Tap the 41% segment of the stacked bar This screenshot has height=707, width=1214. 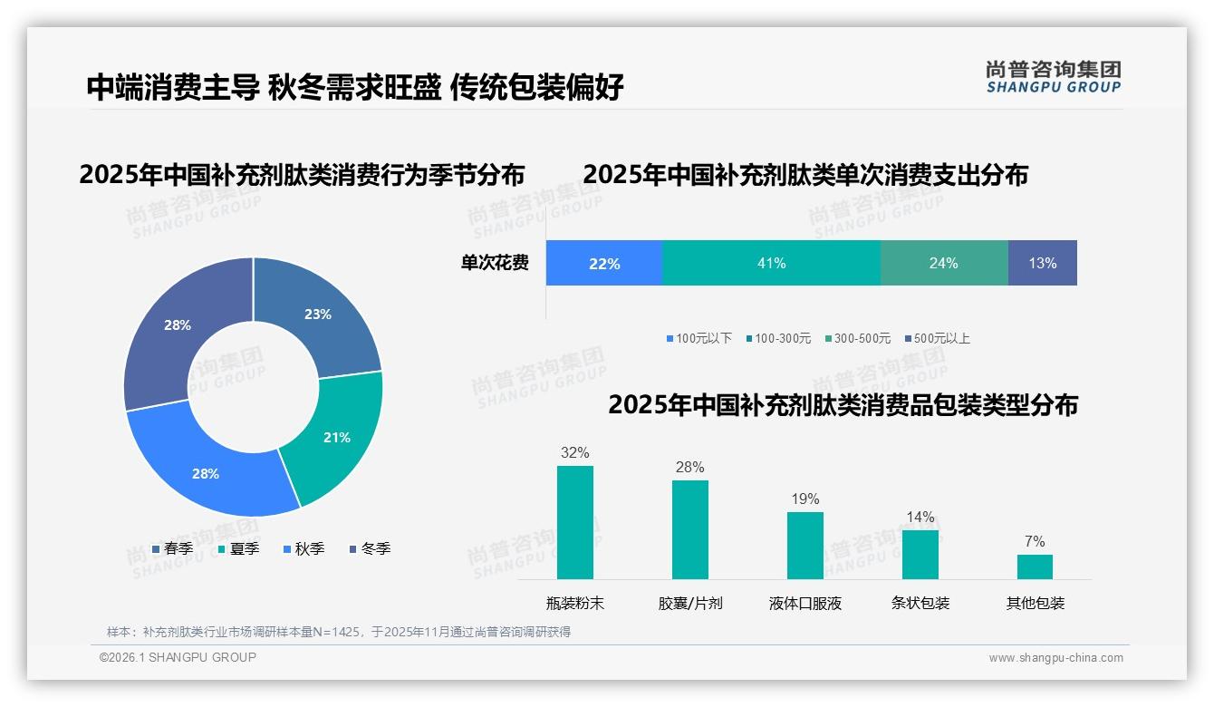pyautogui.click(x=771, y=263)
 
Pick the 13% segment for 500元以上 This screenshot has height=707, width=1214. pyautogui.click(x=1042, y=263)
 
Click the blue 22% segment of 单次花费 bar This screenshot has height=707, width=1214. pyautogui.click(x=604, y=263)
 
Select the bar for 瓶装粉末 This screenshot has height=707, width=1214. pyautogui.click(x=574, y=522)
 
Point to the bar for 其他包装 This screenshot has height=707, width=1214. pyautogui.click(x=1035, y=567)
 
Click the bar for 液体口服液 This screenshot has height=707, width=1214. pyautogui.click(x=805, y=545)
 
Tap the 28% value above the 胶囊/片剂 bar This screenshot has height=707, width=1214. pyautogui.click(x=689, y=468)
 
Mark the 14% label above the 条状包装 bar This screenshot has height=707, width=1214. pyautogui.click(x=920, y=518)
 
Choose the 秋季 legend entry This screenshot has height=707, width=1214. pyautogui.click(x=303, y=549)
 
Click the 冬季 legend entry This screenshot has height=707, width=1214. pyautogui.click(x=370, y=549)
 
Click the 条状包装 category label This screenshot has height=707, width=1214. pyautogui.click(x=920, y=603)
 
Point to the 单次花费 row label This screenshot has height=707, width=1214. pyautogui.click(x=495, y=264)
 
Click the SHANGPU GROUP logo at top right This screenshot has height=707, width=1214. pyautogui.click(x=1053, y=77)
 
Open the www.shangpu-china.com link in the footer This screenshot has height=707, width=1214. pyautogui.click(x=1055, y=658)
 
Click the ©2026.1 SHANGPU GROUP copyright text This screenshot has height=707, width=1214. pyautogui.click(x=178, y=657)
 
